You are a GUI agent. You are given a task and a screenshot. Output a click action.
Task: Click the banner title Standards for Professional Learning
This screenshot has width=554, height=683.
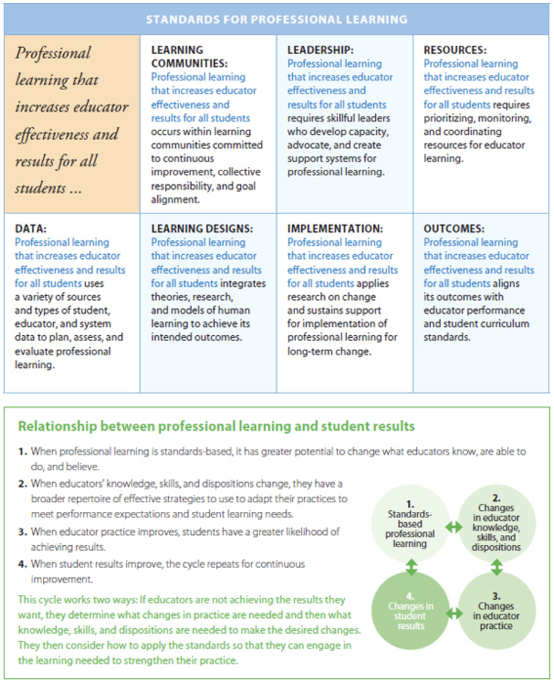click(x=277, y=19)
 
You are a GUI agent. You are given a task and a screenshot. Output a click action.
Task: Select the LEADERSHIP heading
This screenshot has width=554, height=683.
click(x=321, y=50)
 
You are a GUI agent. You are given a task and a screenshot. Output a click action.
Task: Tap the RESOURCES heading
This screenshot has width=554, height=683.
click(x=455, y=50)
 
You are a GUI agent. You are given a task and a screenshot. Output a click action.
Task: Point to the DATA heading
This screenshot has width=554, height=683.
click(x=30, y=228)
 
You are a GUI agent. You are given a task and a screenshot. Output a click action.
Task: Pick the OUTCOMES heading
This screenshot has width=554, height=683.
click(x=454, y=228)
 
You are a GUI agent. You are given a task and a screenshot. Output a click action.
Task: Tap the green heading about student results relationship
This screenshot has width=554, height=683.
click(x=216, y=426)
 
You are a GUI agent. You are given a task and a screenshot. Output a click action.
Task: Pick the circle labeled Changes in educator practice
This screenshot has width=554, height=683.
click(x=496, y=612)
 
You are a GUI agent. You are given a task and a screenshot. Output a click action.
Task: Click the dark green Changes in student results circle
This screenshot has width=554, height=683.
click(x=410, y=612)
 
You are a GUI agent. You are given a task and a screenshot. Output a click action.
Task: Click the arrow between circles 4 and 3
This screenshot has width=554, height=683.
click(x=454, y=613)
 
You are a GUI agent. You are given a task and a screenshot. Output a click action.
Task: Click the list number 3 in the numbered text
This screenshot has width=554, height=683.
click(x=23, y=531)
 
